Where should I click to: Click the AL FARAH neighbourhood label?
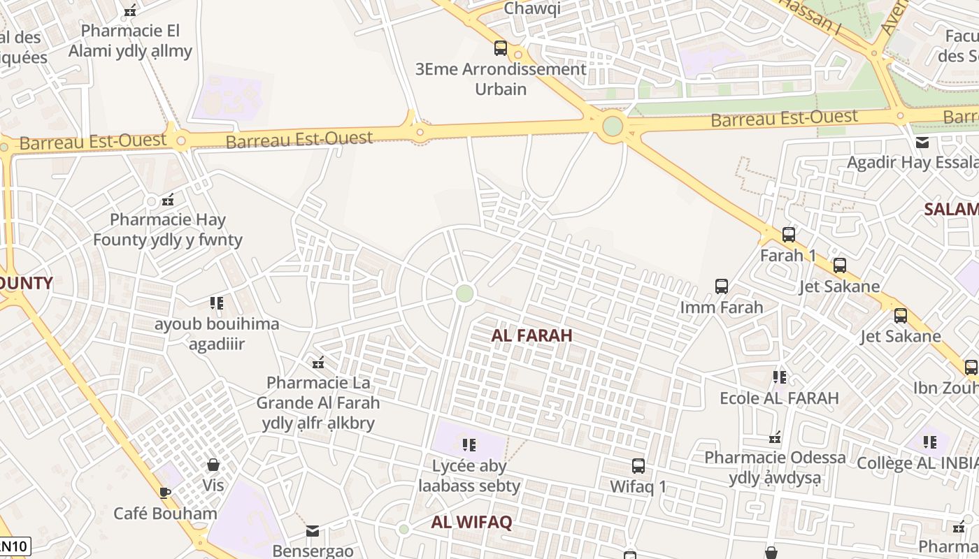(531, 335)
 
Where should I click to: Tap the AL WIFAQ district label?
(471, 522)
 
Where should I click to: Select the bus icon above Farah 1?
(789, 235)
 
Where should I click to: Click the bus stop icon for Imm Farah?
(722, 286)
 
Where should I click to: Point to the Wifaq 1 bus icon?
(638, 466)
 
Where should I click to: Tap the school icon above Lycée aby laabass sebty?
(469, 444)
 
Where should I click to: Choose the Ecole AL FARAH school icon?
(780, 377)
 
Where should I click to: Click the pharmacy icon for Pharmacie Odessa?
(775, 437)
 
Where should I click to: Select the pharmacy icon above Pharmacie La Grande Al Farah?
(318, 362)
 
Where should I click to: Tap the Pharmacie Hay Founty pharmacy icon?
(168, 200)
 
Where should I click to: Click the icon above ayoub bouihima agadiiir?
(217, 303)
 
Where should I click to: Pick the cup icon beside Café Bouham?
(165, 493)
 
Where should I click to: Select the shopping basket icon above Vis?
(213, 465)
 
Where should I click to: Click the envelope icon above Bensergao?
(313, 531)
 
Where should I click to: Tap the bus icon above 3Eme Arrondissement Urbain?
(501, 48)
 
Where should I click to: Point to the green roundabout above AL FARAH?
(464, 293)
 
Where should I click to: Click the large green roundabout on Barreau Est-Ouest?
(613, 126)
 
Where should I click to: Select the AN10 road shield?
(14, 546)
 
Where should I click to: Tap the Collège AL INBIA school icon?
(930, 442)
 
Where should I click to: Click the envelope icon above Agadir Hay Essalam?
(922, 143)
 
